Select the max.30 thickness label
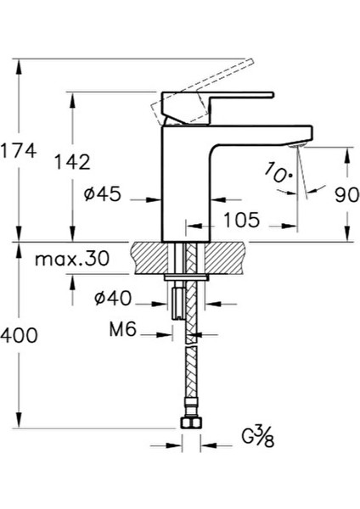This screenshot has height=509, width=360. [72, 260]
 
